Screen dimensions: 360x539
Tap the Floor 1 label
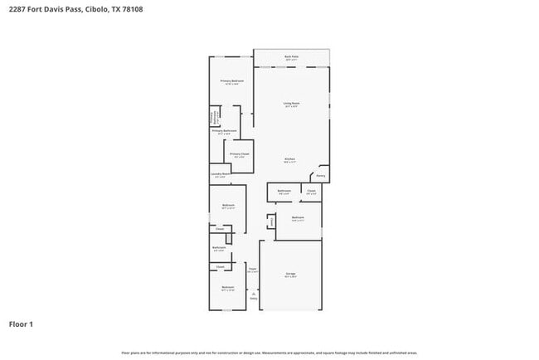22,324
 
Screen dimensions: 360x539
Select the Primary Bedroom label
231,81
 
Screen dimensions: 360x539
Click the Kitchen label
290,160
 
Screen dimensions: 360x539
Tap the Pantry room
320,175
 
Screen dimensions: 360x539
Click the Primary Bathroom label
225,131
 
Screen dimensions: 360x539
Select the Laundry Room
220,176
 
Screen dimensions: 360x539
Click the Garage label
290,274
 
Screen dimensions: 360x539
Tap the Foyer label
253,270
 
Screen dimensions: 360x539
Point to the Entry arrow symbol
254,294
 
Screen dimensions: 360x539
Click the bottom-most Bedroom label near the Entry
227,288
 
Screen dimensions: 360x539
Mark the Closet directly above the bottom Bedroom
220,266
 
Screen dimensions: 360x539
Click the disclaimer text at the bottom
269,352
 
